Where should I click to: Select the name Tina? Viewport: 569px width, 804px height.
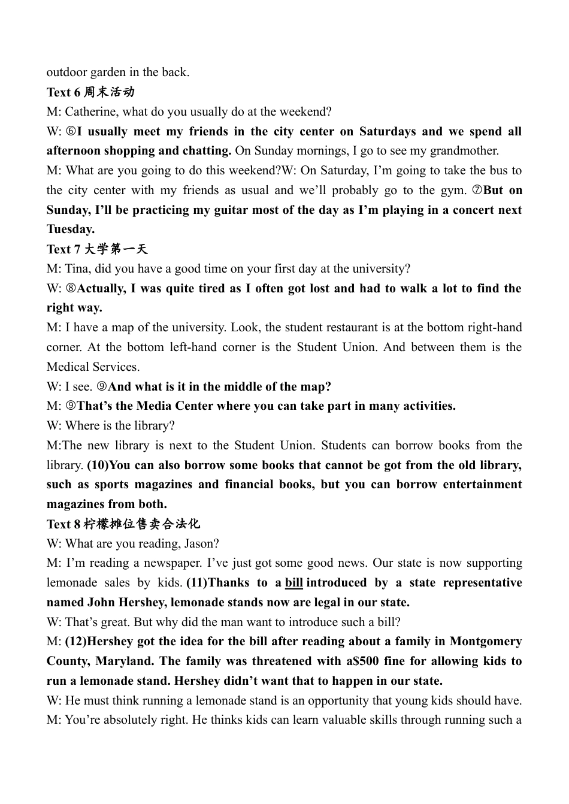pyautogui.click(x=77, y=269)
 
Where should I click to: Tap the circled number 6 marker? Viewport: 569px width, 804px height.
pyautogui.click(x=71, y=132)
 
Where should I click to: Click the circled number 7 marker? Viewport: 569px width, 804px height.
pyautogui.click(x=477, y=191)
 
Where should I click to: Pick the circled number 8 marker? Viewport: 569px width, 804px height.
pyautogui.click(x=71, y=289)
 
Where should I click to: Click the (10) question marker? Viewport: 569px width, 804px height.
pyautogui.click(x=99, y=466)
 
